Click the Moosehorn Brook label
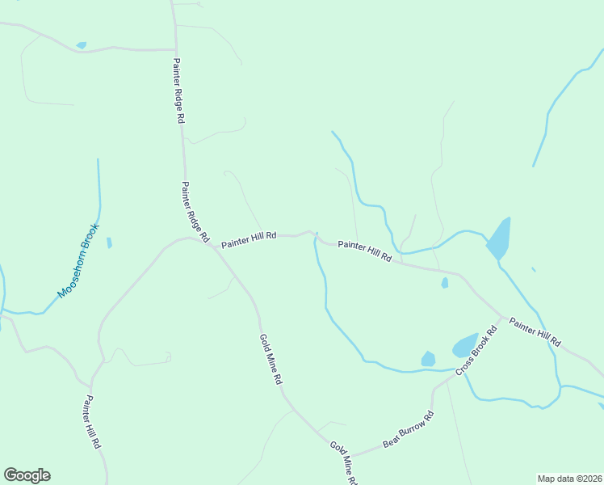pos(78,260)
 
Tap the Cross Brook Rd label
pos(476,350)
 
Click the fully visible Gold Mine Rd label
pos(271,359)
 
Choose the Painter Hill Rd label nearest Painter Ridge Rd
pos(249,240)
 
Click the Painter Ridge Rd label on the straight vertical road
pos(178,90)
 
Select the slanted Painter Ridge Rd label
pos(195,212)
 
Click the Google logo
pos(27,475)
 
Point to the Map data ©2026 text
pos(569,478)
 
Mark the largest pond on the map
pos(498,238)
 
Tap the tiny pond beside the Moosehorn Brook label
pos(109,242)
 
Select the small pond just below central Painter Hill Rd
pos(444,283)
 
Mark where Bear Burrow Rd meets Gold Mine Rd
pos(352,454)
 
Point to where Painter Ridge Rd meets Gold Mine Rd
pos(212,247)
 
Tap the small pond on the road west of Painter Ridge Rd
pos(81,45)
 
